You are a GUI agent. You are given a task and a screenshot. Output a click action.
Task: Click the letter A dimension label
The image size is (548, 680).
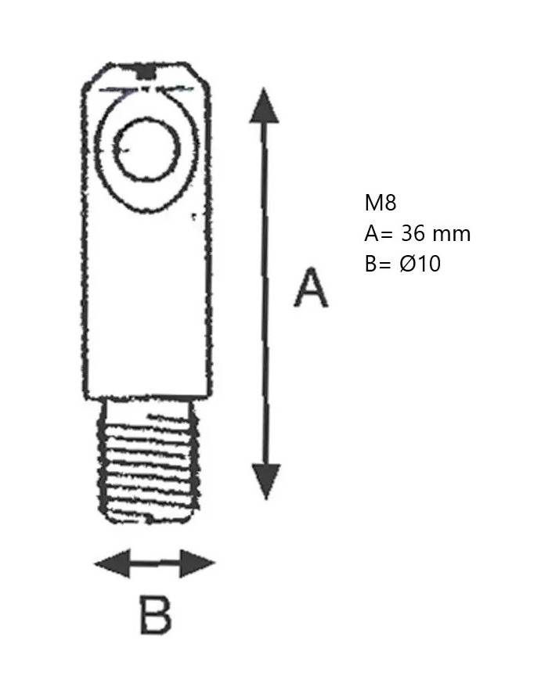[311, 288]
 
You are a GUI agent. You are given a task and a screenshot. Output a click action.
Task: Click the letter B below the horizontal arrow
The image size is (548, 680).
[155, 615]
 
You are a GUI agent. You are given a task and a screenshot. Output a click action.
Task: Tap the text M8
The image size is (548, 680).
[380, 203]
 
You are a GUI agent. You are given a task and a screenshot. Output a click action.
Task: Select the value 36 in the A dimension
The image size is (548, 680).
[413, 234]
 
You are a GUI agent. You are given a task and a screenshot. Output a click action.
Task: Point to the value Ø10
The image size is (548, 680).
[420, 263]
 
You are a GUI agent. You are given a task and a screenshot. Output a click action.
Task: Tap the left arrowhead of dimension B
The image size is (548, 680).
[112, 563]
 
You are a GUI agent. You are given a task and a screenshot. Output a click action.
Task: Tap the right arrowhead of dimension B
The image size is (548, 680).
[197, 563]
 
